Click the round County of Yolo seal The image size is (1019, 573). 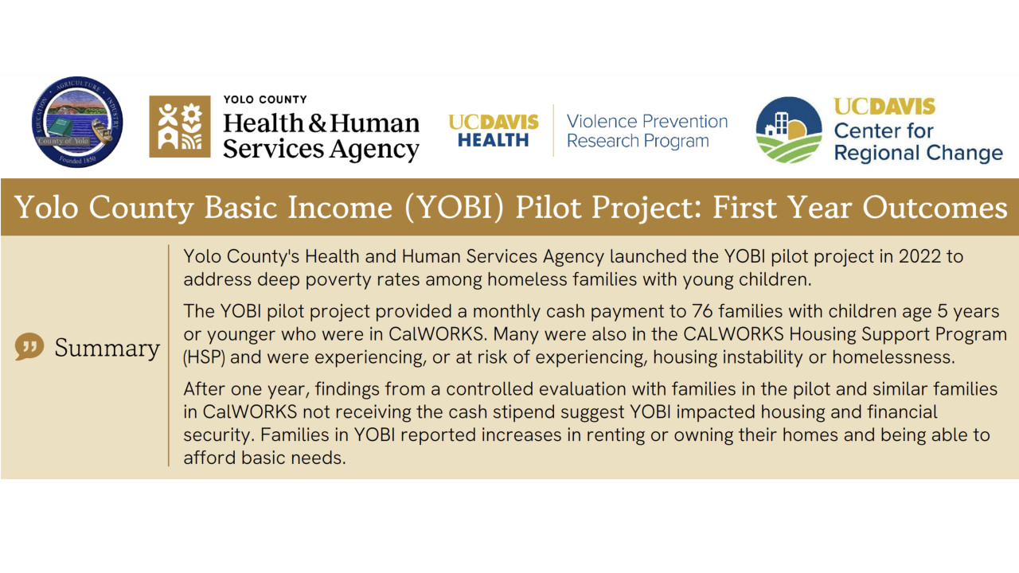click(77, 122)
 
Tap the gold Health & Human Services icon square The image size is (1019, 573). click(180, 127)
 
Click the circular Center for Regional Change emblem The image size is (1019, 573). click(789, 130)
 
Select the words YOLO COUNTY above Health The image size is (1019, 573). click(265, 99)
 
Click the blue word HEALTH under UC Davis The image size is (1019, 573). click(493, 141)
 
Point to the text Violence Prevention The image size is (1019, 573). click(647, 122)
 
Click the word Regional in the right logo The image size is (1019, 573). click(876, 153)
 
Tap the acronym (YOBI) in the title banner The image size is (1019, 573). click(455, 208)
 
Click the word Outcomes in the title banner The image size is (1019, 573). click(935, 208)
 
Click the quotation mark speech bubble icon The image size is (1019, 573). click(29, 346)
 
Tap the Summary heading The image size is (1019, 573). click(107, 349)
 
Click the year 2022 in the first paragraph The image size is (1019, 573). click(919, 256)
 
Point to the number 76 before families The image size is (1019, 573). click(702, 311)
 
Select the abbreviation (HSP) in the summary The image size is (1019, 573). click(204, 357)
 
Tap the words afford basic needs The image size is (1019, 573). click(264, 458)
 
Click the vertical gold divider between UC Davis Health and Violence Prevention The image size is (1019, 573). click(553, 130)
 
